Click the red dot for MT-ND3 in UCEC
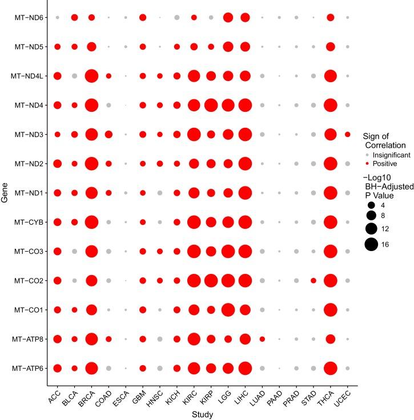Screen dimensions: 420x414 348,134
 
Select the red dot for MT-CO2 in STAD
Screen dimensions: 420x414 313,280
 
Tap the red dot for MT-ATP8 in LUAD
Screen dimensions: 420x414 262,339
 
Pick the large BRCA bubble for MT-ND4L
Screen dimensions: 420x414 91,76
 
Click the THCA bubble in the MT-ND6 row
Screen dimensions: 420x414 330,18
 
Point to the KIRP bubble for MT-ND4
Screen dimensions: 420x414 211,105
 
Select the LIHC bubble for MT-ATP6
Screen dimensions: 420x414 245,368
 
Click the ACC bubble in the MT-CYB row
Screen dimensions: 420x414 57,222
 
